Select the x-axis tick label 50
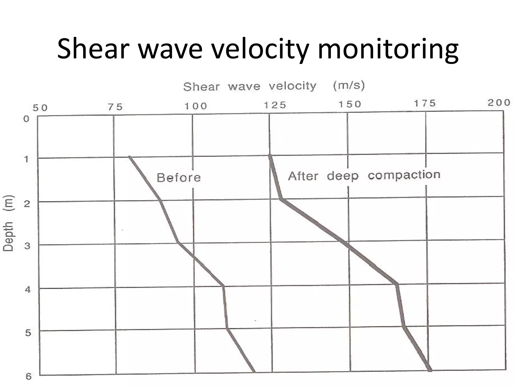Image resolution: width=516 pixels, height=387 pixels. point(40,108)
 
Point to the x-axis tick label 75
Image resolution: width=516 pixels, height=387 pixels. point(115,107)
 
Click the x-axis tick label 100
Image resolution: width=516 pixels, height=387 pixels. point(196,106)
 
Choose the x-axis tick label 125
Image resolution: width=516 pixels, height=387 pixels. point(275,105)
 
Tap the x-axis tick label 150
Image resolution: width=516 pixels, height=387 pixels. point(350,104)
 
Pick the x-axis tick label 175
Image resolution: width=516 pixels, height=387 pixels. point(425,103)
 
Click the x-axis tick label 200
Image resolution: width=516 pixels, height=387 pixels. point(499,103)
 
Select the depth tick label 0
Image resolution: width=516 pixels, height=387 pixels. point(26,119)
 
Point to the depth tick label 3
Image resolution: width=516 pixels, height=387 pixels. point(27,246)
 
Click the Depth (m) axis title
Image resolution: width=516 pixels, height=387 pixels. point(8,223)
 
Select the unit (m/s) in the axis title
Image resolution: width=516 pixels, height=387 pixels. point(349,85)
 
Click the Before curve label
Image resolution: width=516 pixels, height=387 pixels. point(179,178)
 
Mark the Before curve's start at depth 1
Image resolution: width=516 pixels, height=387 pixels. point(130,157)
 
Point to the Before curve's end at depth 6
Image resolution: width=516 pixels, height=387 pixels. point(254,371)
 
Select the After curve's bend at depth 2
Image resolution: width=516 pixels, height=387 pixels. point(281,199)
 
